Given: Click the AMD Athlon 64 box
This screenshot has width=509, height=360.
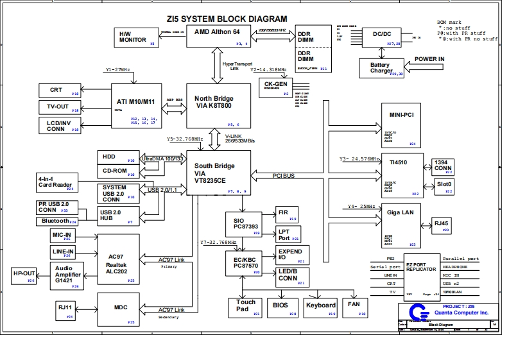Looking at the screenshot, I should point(218,37).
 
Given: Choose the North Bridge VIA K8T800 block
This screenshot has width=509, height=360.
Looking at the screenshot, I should point(218,105).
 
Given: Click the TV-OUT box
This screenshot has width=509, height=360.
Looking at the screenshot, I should point(60,106).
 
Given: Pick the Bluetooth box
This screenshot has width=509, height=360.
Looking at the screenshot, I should point(56,221).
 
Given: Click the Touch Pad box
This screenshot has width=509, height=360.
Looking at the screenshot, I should point(246,307).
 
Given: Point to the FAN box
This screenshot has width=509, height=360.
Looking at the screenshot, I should point(354,307).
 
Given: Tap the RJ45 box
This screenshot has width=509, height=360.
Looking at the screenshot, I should point(442,225).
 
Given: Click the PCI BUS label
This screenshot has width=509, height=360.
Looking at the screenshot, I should point(283,175).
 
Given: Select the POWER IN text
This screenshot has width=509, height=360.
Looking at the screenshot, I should point(429,59).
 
